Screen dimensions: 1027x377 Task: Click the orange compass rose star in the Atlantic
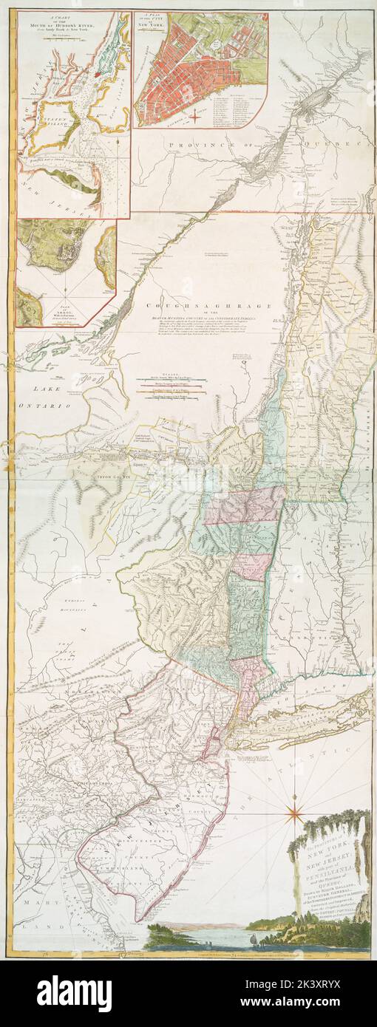294,813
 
